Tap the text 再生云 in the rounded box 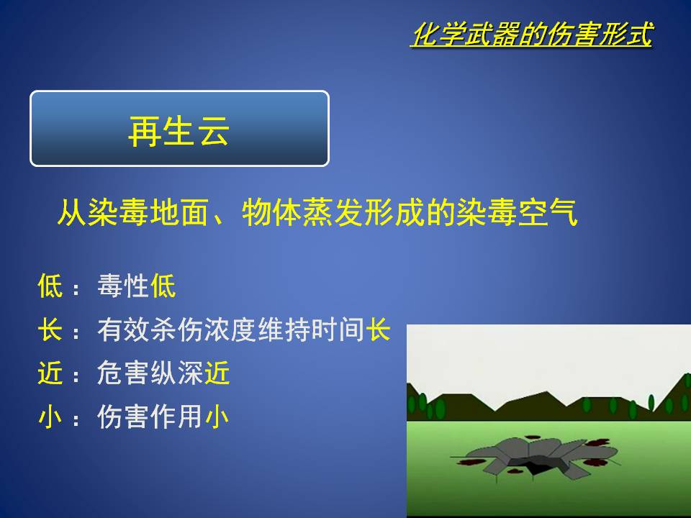pos(179,131)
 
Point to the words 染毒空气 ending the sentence pos(518,213)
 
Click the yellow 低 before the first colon pos(50,286)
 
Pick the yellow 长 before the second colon pos(50,330)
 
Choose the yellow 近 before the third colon pos(50,373)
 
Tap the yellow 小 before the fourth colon pos(50,417)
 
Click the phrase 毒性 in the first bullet pos(123,286)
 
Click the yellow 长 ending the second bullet pos(378,330)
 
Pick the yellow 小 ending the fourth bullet pos(217,417)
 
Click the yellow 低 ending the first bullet pos(163,286)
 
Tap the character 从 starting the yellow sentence pos(72,213)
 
